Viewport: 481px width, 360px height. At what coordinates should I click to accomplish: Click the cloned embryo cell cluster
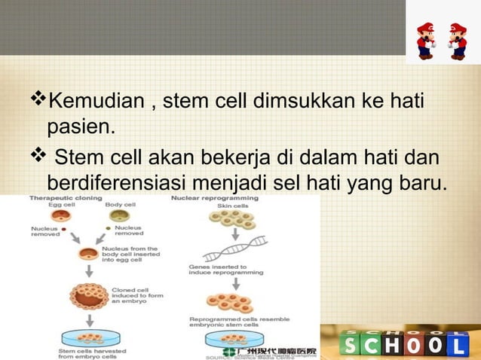pyautogui.click(x=90, y=294)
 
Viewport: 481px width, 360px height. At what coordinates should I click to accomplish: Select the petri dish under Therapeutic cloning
pyautogui.click(x=90, y=338)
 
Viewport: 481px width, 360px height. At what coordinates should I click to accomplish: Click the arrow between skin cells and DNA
pyautogui.click(x=235, y=235)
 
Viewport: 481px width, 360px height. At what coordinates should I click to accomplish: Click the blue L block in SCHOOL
pyautogui.click(x=461, y=344)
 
